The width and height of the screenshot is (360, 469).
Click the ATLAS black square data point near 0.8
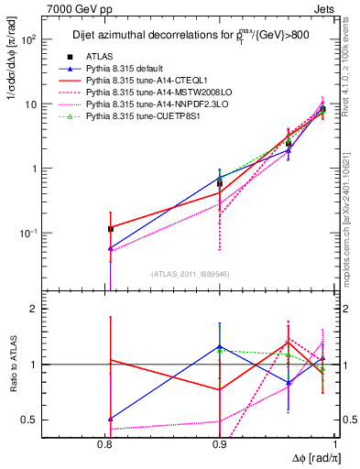pyautogui.click(x=111, y=228)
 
